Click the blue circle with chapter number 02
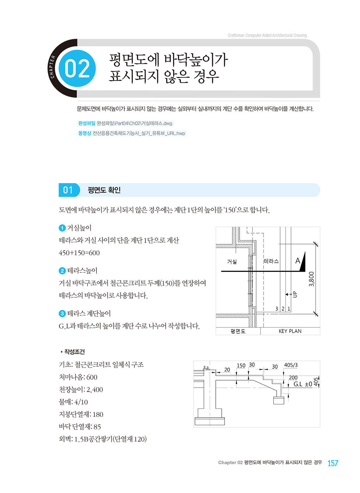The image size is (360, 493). (77, 68)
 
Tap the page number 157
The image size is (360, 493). (333, 463)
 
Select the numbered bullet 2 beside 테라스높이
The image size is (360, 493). (62, 271)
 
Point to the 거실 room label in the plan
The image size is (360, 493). (232, 261)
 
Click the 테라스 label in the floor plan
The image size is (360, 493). (271, 261)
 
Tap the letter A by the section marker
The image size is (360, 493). (298, 261)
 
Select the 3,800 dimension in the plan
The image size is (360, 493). (312, 279)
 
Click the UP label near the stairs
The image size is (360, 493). (295, 294)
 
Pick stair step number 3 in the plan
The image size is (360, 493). (277, 309)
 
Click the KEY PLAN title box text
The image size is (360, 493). (290, 331)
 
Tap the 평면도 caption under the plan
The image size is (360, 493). (238, 331)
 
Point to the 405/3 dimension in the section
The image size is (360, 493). (291, 365)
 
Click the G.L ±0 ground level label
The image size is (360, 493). (303, 384)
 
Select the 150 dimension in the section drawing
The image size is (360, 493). (241, 366)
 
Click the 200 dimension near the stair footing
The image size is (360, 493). (293, 377)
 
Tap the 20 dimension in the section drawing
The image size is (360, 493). (227, 370)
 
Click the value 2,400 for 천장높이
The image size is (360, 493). (95, 390)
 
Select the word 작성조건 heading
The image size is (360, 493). (74, 352)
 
